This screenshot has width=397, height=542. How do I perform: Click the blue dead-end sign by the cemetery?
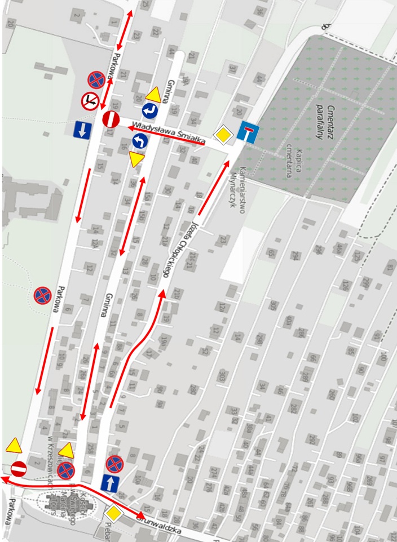coord(248,132)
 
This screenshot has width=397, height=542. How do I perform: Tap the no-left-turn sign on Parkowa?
coord(90,101)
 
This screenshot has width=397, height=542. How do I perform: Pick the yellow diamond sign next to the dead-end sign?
coord(223,135)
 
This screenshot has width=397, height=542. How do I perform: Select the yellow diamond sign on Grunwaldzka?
coord(114,513)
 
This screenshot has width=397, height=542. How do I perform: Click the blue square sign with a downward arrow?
coord(83,130)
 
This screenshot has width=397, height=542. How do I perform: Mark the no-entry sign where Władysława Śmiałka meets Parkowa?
coord(111,119)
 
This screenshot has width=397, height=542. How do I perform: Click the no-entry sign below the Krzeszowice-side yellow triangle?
coord(19,468)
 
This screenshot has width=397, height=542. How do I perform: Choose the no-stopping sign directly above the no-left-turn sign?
coord(96,81)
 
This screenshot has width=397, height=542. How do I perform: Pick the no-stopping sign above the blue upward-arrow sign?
coord(114,464)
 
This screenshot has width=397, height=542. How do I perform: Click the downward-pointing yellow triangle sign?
coord(135,160)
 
